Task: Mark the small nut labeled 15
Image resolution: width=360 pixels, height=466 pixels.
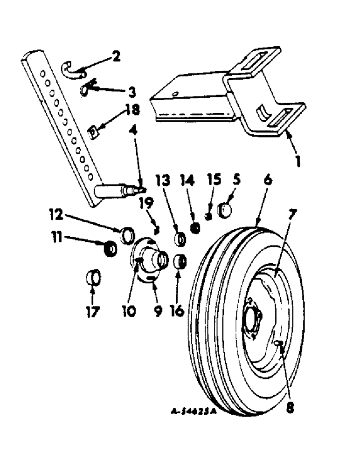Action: pos(210,216)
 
